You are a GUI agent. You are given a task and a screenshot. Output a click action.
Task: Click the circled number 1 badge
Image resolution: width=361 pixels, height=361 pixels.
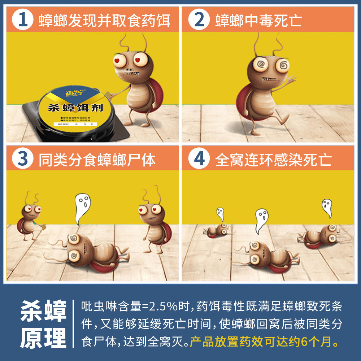point(22,20)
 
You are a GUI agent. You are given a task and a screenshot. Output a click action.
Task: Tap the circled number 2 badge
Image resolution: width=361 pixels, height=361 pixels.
point(199,20)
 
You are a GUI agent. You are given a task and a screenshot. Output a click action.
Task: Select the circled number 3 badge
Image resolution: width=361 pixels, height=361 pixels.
point(22,159)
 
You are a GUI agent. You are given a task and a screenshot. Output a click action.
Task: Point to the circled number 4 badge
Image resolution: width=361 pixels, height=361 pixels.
point(199,159)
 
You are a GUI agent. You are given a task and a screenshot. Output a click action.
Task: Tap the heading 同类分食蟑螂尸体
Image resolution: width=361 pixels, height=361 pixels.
point(97,160)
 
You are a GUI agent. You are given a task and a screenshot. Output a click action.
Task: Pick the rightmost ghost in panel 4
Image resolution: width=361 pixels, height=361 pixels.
point(327,208)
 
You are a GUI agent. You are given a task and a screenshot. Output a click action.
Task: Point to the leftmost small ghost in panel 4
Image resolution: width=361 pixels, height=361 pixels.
point(220,214)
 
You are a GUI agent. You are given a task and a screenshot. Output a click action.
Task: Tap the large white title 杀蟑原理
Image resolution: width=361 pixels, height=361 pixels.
point(43,324)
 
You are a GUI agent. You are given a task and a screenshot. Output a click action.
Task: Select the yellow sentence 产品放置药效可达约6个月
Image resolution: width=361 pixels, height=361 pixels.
point(266,341)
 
